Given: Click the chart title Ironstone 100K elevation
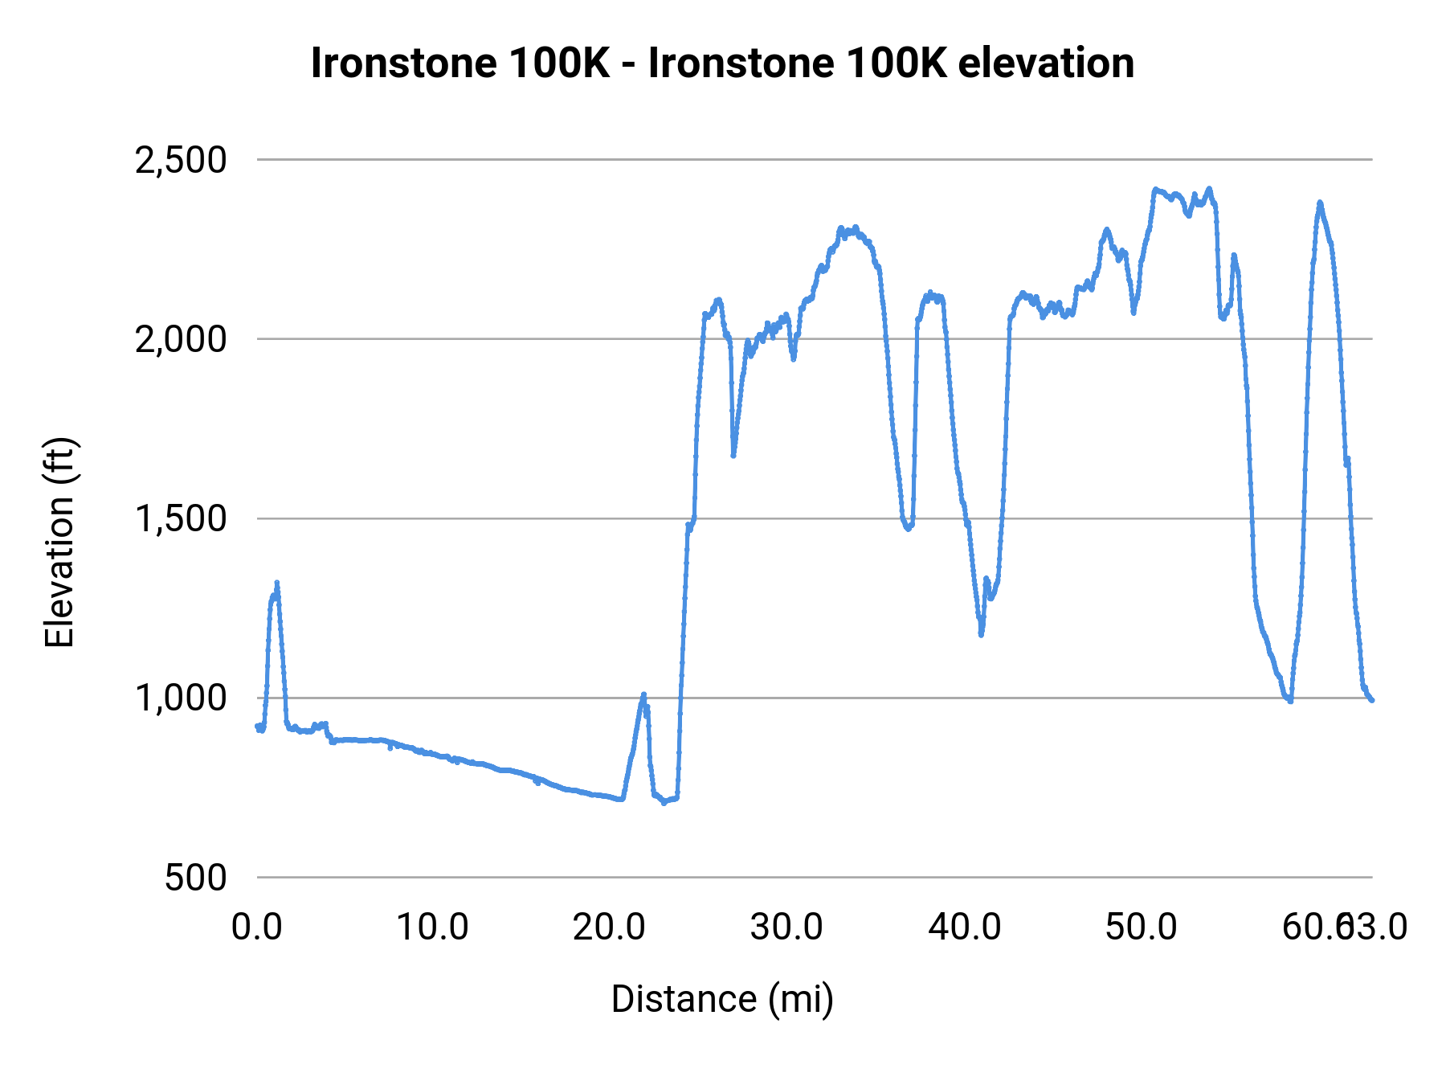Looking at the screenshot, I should point(722,63).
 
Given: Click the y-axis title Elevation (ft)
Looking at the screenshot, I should point(59,542).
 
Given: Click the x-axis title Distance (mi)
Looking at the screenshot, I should point(722,999).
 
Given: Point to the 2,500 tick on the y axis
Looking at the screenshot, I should point(181,160).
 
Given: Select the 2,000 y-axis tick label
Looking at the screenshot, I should point(181,339).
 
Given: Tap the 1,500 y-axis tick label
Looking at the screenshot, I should point(181,518).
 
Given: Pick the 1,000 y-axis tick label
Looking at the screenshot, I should point(181,698).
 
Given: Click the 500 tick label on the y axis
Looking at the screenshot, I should point(196,877).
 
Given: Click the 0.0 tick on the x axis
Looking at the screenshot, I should point(257,927).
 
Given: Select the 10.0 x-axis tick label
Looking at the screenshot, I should point(433,927).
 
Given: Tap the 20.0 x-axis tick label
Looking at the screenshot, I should point(609,927).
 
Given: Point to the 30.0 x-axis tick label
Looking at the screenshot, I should point(786,927).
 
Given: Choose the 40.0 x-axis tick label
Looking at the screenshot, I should point(964,927).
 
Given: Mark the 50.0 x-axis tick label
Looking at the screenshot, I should point(1141,927).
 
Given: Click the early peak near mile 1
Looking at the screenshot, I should point(276,583).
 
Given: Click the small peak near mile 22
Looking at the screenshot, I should point(643,694).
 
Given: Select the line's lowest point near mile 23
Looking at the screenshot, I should point(664,802).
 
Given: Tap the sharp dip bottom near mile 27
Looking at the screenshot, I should point(733,456).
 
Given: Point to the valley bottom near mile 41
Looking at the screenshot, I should point(981,634).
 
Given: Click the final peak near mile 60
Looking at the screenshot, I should point(1319,203).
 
